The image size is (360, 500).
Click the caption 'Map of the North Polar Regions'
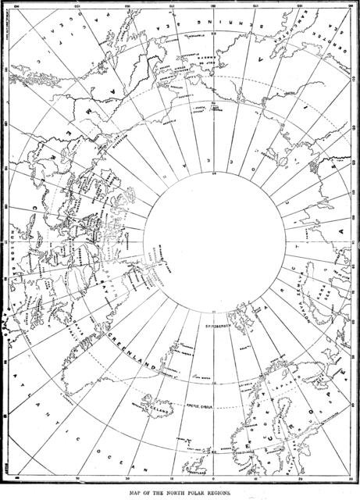(180, 493)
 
